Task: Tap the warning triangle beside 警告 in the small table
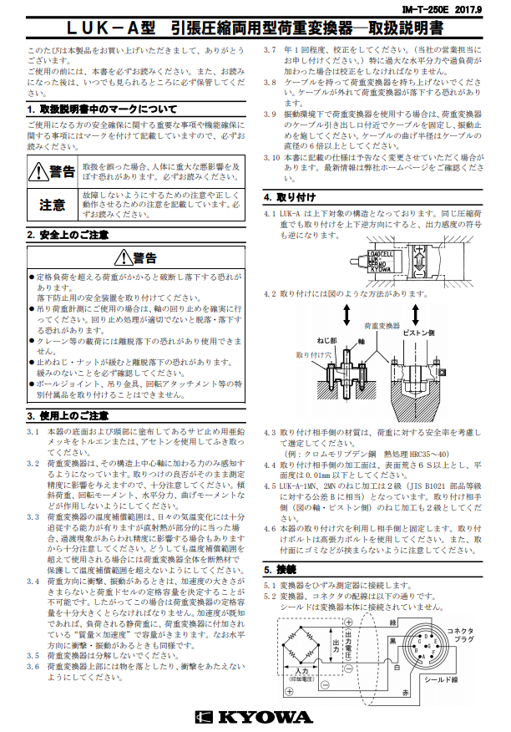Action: [37, 172]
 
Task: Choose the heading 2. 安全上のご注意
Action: [68, 235]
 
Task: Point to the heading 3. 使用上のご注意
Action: [68, 415]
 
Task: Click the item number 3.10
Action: [272, 156]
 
